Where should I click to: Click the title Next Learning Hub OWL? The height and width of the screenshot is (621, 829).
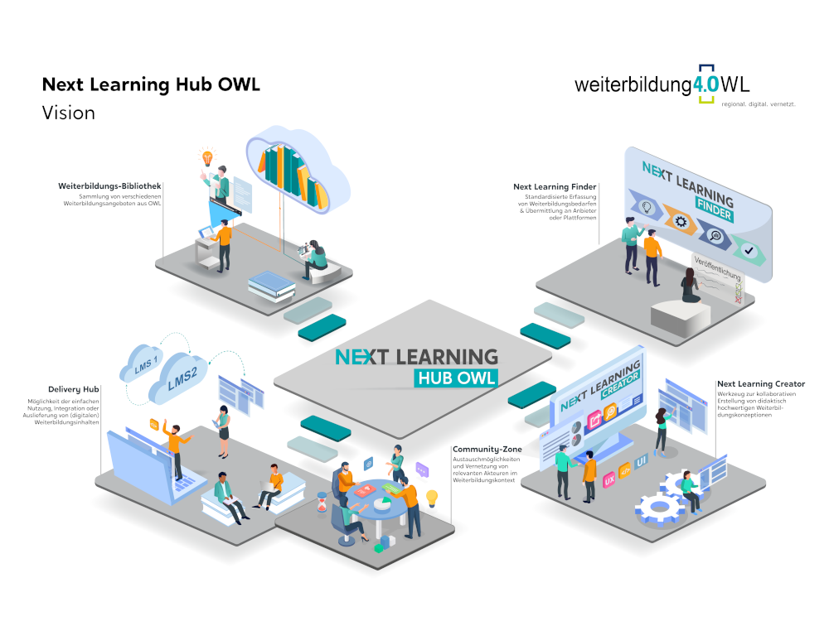151,85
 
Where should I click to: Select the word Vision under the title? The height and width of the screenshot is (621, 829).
69,113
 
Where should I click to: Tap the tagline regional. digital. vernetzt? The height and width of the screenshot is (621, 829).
759,104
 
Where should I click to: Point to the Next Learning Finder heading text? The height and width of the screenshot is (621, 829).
555,187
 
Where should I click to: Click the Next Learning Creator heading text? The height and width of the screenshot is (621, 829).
760,384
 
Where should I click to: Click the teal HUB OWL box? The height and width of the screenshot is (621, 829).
456,378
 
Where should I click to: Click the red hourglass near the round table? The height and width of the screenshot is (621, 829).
322,504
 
